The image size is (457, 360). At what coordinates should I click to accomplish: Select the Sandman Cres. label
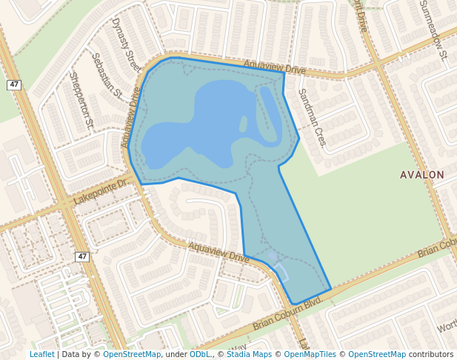click(x=312, y=117)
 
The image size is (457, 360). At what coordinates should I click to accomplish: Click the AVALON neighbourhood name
click(x=421, y=175)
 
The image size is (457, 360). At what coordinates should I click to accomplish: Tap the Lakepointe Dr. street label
click(x=101, y=192)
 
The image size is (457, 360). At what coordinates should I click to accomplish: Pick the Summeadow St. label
click(x=434, y=29)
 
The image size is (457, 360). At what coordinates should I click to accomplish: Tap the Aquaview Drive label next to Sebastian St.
click(x=132, y=116)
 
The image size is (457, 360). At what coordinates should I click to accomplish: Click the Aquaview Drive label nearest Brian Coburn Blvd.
click(x=219, y=252)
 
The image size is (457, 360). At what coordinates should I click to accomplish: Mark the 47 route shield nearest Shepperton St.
click(x=14, y=84)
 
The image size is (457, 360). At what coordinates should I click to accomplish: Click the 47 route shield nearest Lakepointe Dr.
click(x=81, y=256)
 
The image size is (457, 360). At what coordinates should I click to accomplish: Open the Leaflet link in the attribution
click(x=41, y=354)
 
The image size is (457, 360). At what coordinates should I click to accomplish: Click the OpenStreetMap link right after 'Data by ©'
click(x=132, y=354)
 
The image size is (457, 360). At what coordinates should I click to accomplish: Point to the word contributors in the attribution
click(x=431, y=354)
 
